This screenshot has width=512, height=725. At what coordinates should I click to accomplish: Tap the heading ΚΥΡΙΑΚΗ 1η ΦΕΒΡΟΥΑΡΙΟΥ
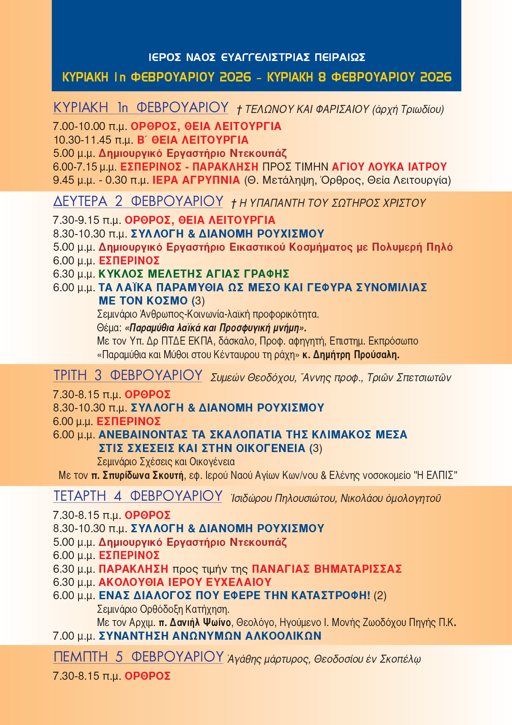tap(141, 107)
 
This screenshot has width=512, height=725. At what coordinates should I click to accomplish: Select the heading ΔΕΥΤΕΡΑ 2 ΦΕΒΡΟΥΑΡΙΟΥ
tap(138, 201)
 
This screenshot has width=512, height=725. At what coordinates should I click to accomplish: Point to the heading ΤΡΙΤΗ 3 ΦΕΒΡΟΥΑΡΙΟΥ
tap(128, 375)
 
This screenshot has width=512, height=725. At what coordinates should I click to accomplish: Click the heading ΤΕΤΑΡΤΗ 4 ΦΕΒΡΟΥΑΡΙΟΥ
tap(138, 496)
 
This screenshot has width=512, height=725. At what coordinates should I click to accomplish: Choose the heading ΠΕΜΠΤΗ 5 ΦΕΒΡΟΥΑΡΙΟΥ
tap(138, 657)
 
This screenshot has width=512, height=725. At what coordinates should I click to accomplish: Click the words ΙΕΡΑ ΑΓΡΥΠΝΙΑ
tap(196, 180)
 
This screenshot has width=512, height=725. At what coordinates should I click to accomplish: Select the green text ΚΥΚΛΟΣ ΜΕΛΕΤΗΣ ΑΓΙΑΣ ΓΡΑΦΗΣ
tap(194, 274)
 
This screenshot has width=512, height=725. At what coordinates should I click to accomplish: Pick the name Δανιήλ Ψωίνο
tap(200, 623)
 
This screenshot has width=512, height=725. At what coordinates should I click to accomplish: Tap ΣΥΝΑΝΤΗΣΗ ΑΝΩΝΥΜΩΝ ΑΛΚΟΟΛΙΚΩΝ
tap(210, 636)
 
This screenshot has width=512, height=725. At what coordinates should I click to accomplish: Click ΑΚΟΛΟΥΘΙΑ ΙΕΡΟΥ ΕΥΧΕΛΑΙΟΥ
tap(185, 582)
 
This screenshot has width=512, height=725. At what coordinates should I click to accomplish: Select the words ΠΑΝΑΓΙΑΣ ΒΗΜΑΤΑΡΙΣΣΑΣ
tap(327, 569)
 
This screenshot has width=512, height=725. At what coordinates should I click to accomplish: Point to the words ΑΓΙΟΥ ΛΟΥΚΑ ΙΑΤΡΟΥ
tap(389, 167)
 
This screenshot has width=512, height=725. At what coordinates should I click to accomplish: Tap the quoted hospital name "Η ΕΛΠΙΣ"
tap(435, 475)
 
